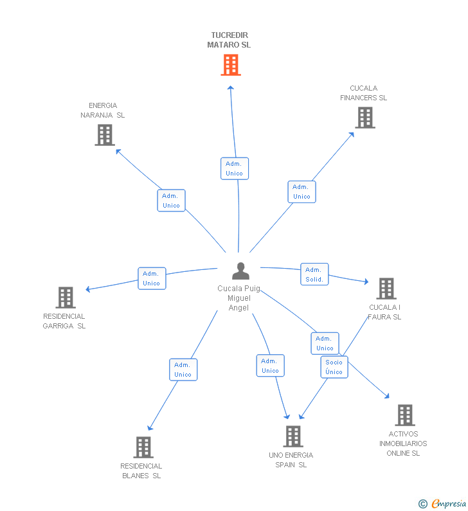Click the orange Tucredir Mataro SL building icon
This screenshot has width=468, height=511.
pos(231,65)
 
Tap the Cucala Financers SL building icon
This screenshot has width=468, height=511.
pos(364,118)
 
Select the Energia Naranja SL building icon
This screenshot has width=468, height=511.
pos(105,135)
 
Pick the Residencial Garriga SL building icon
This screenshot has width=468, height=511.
pos(66,298)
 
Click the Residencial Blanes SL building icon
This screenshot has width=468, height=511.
pos(143,447)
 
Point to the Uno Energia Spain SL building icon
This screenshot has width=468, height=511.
pos(292,436)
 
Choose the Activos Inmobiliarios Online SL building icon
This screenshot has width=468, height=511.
pos(404,415)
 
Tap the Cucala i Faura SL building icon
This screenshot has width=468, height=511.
pos(386,289)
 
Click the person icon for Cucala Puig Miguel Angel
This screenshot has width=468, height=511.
pos(240,271)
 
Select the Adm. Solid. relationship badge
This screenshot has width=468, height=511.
pos(314,274)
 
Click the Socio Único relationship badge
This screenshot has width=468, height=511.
pos(334,367)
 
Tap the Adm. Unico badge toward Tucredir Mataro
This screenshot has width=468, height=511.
pos(234,168)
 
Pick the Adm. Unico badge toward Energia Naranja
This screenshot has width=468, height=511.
pos(171,201)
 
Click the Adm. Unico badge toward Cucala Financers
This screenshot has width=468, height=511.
pos(301,192)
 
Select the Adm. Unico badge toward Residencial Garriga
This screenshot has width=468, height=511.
pos(152,278)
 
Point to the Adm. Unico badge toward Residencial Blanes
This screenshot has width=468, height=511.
pos(183,370)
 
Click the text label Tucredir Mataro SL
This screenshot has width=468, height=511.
pos(230,40)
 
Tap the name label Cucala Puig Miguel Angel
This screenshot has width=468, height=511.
pos(239,298)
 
